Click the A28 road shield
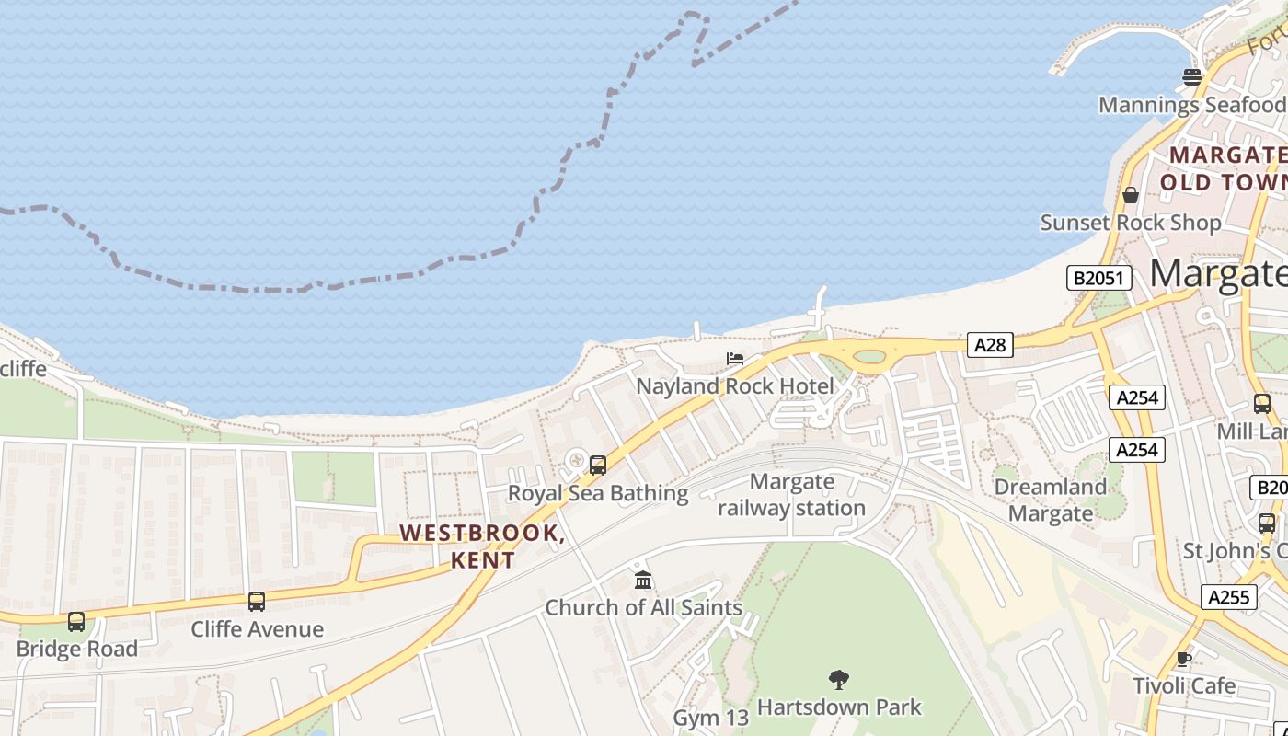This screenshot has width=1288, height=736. coord(990,345)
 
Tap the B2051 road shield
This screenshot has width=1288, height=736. coord(1098,278)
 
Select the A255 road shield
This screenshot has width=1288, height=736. coord(1228,597)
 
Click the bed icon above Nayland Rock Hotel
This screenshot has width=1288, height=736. coord(734,359)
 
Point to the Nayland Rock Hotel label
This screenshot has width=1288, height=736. coord(735,385)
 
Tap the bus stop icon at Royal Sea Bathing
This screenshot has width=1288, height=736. coord(598,466)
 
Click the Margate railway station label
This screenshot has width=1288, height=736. coord(791,494)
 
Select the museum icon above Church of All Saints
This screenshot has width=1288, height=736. coord(643,581)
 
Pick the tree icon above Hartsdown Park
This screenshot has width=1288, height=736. coord(838,680)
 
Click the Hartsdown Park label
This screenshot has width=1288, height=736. coord(838,707)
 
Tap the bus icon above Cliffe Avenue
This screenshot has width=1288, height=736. coord(257,602)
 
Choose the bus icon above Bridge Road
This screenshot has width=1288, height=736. coord(76,622)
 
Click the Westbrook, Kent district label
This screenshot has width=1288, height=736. coord(483,546)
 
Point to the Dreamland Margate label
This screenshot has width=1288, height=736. coord(1050,500)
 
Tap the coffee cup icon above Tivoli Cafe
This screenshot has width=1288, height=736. coord(1184,659)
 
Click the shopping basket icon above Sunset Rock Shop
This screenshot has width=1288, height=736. coord(1131,195)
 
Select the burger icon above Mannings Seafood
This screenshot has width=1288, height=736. coord(1192,76)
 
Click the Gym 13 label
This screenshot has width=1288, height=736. coord(711,718)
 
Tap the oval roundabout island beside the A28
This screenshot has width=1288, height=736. coord(869,356)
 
